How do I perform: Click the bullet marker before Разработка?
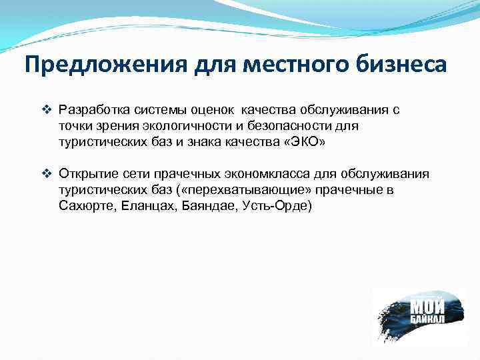click(46, 109)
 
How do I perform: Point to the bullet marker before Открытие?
click(46, 175)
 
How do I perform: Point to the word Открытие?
click(84, 175)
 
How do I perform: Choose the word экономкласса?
click(253, 175)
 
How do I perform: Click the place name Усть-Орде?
click(273, 207)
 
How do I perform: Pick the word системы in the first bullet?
click(153, 110)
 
